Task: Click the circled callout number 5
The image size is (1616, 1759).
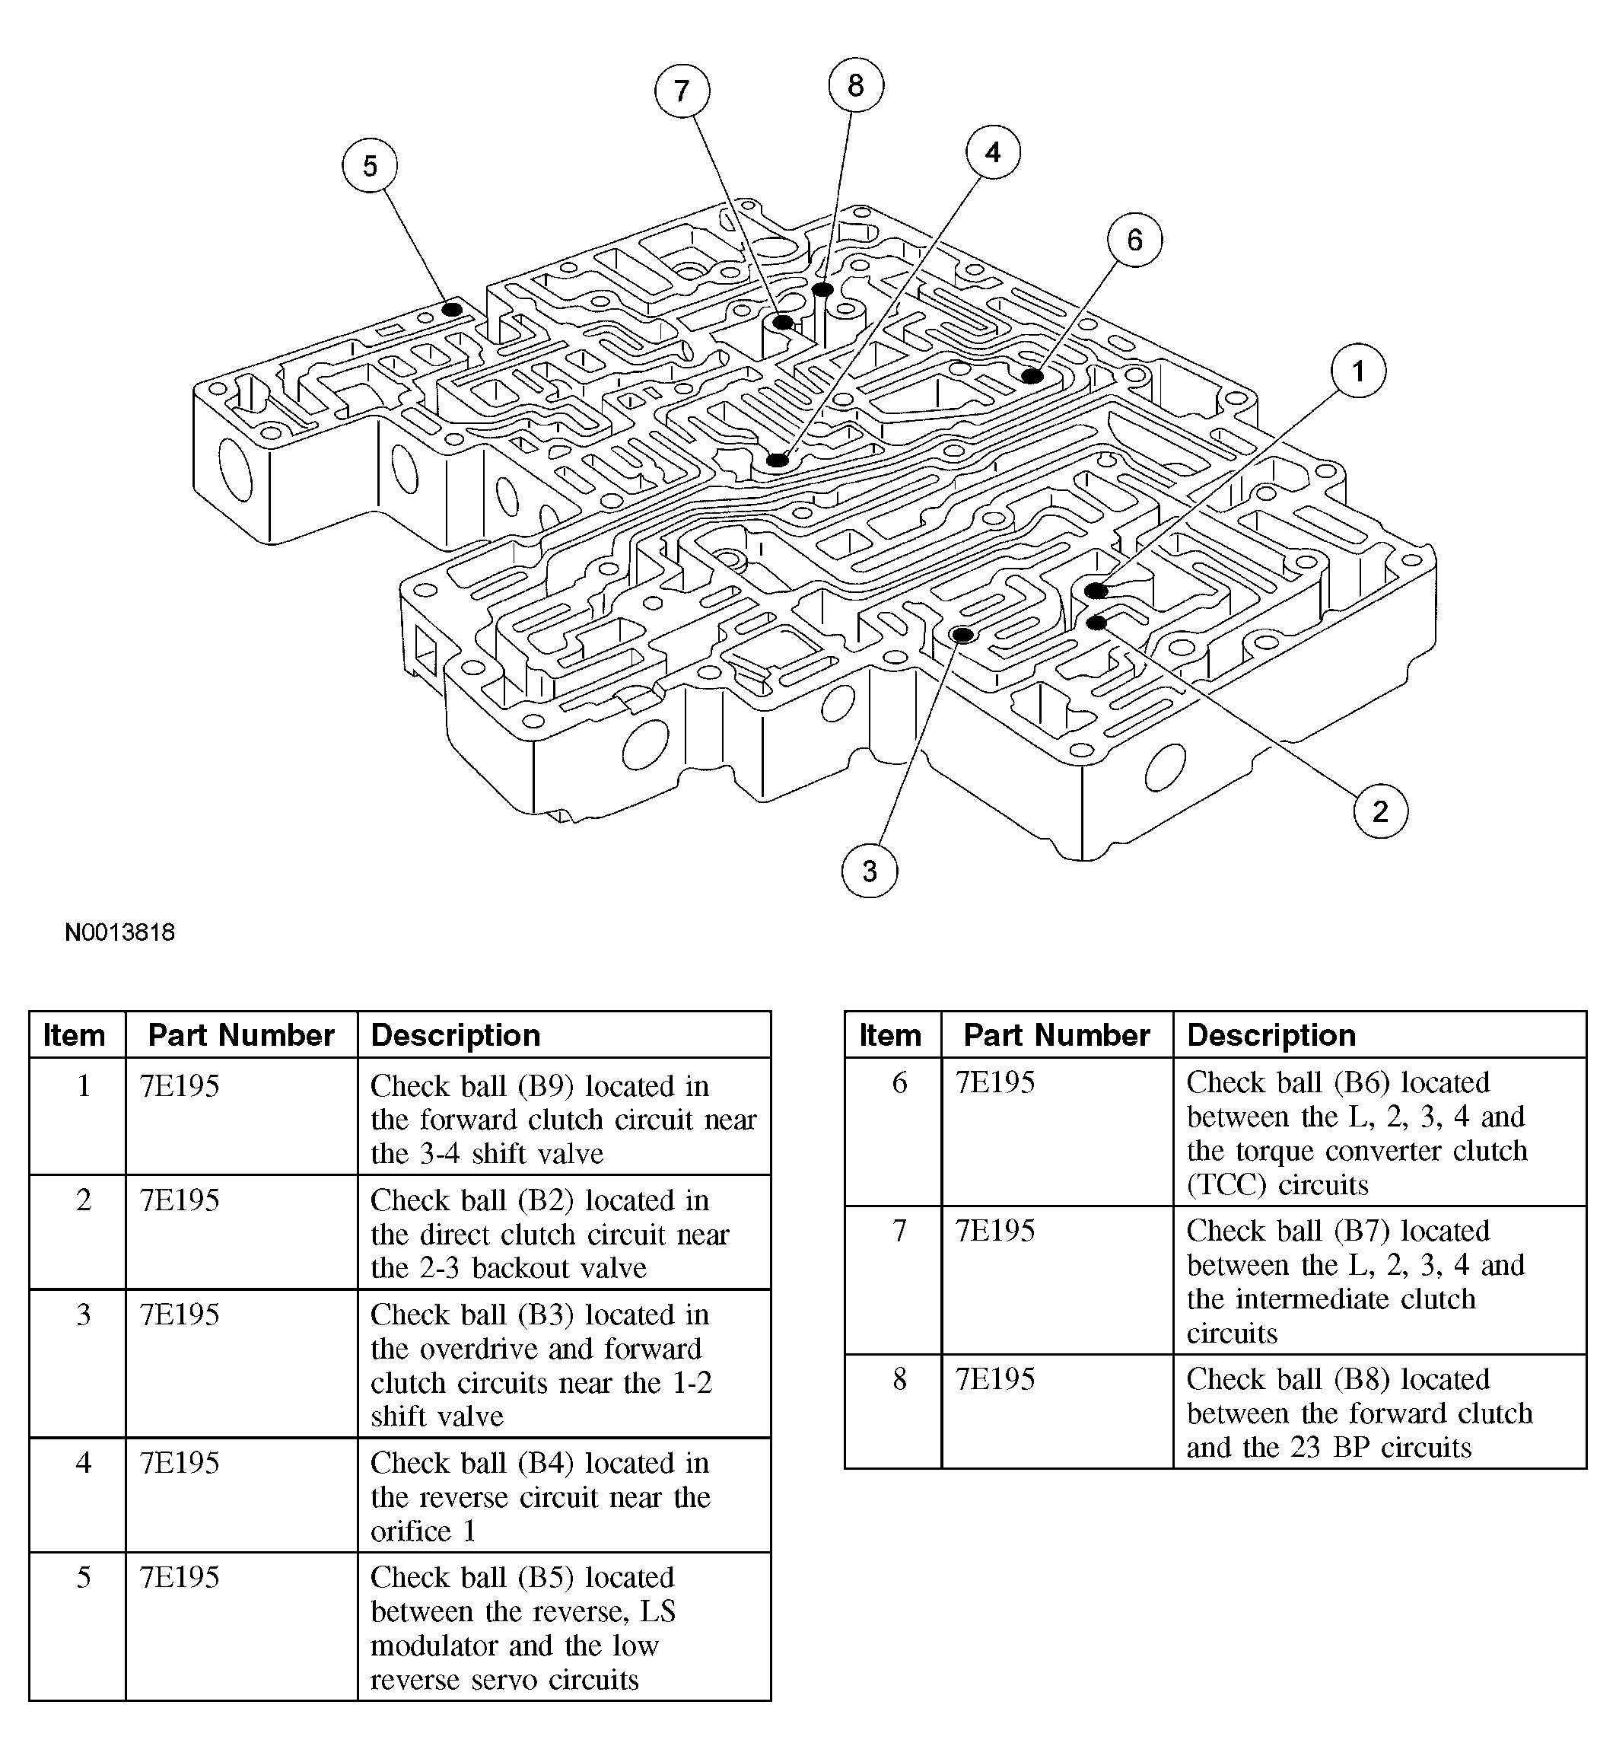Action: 369,165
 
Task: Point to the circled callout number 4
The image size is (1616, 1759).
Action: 993,152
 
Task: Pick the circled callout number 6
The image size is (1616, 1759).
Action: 1134,240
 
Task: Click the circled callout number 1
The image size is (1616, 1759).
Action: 1358,371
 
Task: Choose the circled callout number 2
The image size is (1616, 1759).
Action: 1380,811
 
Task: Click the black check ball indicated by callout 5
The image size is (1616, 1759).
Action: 451,310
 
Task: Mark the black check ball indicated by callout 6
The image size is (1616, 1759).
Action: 1032,376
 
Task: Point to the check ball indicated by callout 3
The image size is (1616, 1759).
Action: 962,634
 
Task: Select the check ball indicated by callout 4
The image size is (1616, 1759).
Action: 778,460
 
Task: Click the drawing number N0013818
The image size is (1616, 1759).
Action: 119,932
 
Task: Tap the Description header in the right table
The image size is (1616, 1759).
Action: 1271,1036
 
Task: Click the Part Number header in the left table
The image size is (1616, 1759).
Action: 240,1036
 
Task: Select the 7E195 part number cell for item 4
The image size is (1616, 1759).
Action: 180,1464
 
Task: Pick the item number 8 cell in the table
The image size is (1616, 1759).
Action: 899,1379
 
